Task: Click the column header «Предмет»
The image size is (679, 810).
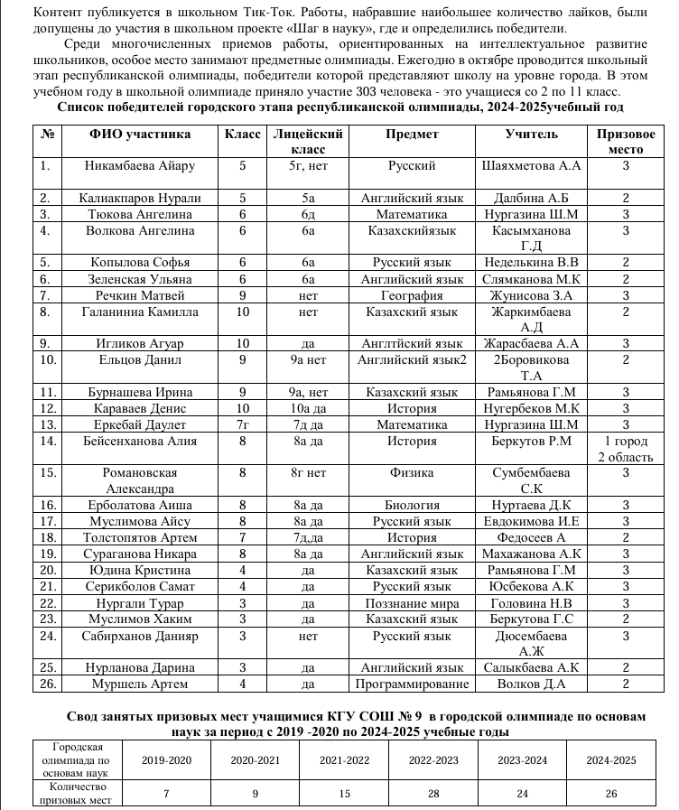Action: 412,134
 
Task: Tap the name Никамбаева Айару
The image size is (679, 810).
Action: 139,166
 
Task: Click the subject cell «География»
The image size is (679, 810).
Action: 412,295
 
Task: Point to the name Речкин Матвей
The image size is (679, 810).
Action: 139,295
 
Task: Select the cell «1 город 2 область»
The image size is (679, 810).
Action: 625,449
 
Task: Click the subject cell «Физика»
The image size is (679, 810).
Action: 412,472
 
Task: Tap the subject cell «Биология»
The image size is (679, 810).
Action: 412,505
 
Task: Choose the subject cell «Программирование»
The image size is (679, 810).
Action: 412,684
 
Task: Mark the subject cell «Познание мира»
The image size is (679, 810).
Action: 412,602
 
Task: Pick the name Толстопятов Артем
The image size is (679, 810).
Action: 139,537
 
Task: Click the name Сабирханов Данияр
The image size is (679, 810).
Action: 139,636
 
